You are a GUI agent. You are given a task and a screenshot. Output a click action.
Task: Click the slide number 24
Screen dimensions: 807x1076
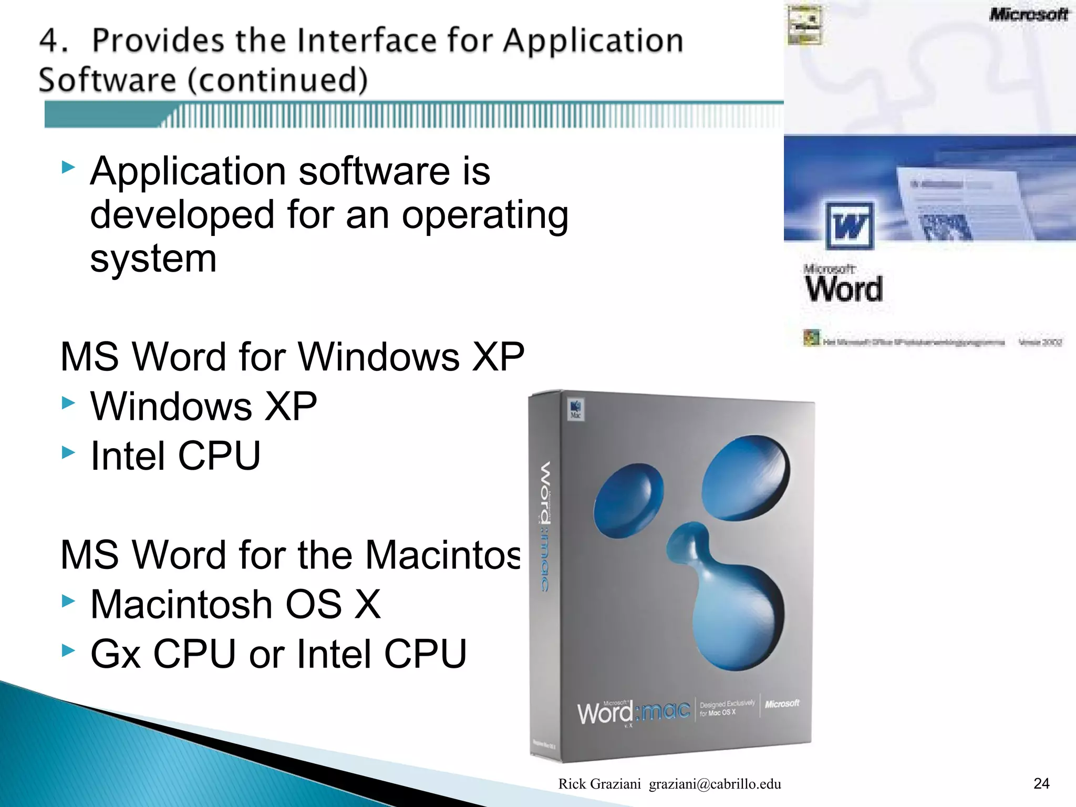coord(1041,783)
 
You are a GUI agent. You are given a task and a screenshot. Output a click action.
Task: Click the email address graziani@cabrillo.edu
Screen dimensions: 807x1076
coord(715,784)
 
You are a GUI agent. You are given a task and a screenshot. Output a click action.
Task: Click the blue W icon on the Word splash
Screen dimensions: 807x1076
coord(849,225)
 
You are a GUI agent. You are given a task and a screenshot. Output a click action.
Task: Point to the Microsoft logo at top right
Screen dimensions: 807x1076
coord(1028,14)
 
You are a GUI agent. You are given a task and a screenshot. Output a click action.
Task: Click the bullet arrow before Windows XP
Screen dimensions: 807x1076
coord(68,403)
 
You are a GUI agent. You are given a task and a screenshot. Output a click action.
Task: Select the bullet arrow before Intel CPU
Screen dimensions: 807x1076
coord(68,452)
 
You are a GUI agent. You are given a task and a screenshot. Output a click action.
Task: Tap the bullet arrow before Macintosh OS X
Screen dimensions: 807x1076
coord(68,601)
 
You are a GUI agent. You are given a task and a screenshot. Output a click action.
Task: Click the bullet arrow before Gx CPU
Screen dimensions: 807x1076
coord(68,650)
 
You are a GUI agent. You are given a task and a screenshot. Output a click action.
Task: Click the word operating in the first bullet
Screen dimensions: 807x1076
coord(485,215)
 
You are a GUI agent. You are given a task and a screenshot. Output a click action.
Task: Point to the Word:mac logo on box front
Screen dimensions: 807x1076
coord(633,712)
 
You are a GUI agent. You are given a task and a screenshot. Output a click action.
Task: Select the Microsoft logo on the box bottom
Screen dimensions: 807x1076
coord(782,703)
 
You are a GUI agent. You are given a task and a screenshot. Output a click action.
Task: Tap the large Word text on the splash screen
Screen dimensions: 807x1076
coord(843,288)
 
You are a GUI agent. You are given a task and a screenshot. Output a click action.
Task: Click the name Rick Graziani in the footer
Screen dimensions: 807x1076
coord(599,784)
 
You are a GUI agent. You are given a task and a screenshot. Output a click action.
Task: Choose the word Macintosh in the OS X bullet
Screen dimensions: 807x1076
coord(181,604)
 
